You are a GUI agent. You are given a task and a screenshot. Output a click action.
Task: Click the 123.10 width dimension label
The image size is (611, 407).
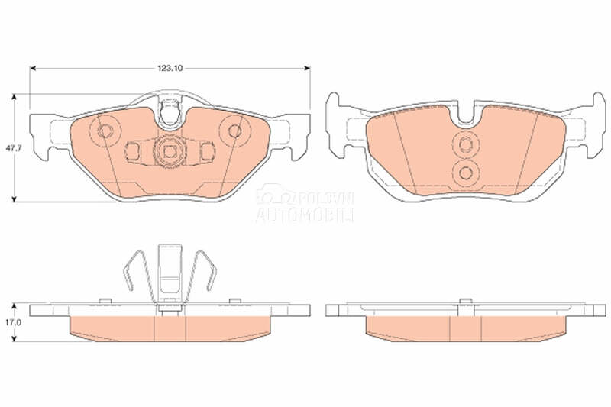[170, 68]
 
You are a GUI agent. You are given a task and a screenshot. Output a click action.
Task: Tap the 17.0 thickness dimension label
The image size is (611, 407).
[11, 322]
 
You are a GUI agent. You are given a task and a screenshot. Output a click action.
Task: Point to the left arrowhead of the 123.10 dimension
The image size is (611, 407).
[33, 68]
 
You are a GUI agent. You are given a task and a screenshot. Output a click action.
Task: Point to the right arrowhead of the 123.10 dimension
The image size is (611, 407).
[307, 68]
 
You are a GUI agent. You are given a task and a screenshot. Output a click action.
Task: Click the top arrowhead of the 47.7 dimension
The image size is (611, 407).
[14, 96]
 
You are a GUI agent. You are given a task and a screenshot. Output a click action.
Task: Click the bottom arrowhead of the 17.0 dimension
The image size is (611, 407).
[14, 338]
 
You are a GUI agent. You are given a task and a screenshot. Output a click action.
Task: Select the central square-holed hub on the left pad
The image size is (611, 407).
[169, 151]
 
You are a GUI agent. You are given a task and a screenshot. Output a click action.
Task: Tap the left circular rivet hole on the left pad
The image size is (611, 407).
[105, 131]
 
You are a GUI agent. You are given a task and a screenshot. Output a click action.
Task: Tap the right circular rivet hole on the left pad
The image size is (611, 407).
[234, 131]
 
